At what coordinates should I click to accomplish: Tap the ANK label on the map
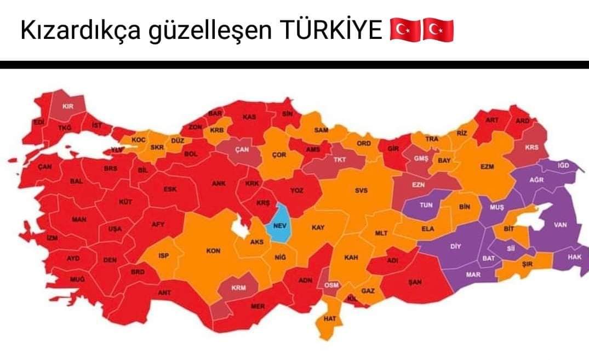point(219,184)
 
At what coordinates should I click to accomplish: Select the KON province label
point(213,251)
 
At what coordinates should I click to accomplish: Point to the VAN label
point(559,224)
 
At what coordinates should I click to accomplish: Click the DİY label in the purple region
point(455,246)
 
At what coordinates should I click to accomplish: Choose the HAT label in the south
point(330,318)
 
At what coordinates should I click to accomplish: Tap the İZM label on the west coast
point(52,238)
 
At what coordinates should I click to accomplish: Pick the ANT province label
point(164,293)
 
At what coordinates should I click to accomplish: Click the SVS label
point(361,191)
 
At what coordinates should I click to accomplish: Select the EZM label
point(487,167)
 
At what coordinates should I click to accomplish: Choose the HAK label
point(574,256)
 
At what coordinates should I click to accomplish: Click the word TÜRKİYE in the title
point(331,31)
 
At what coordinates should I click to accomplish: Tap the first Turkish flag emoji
point(404,31)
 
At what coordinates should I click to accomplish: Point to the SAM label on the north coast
point(321,130)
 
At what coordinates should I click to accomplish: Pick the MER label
point(258,306)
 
